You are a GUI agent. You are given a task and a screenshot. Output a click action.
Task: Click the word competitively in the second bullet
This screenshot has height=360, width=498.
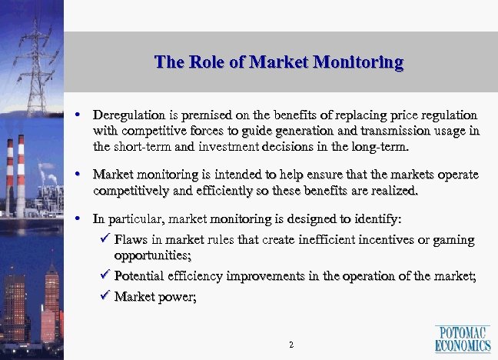pos(131,190)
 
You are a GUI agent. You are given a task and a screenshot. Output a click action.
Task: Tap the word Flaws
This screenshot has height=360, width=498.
pos(130,239)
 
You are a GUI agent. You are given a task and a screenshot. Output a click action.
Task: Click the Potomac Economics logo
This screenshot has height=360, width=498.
pos(463,338)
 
